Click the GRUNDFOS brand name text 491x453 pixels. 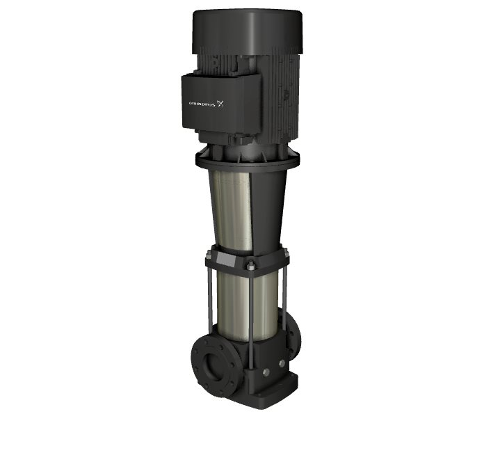coord(202,104)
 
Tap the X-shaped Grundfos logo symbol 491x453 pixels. coord(220,104)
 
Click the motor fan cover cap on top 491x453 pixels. coord(248,31)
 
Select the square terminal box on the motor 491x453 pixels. coord(221,102)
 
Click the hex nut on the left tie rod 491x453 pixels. coord(208,255)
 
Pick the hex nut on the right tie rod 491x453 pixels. coord(286,252)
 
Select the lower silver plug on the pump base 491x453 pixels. coord(266,372)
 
